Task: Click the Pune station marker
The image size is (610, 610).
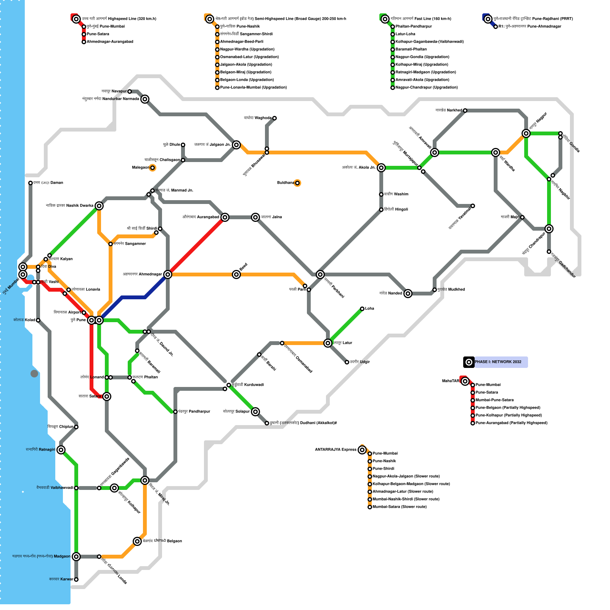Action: point(91,320)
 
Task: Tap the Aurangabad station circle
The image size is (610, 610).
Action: point(225,217)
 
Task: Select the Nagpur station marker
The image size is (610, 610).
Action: point(526,133)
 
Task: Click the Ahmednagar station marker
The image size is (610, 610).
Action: point(168,274)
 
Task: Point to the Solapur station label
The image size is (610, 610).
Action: point(236,412)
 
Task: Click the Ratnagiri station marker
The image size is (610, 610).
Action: point(61,450)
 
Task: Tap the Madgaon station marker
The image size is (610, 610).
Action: point(76,557)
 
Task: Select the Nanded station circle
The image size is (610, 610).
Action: point(408,294)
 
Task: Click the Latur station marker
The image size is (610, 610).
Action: point(328,343)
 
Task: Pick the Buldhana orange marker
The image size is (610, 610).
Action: point(297,183)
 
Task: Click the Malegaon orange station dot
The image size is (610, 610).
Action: point(152,168)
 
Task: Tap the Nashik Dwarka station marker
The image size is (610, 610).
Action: point(99,206)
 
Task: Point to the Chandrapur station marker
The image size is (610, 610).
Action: point(549,229)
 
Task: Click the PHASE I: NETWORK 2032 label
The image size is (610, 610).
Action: point(498,362)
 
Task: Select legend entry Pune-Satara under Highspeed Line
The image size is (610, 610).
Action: point(98,34)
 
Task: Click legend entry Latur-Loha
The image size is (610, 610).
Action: point(405,34)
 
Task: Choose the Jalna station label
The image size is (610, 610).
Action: point(271,217)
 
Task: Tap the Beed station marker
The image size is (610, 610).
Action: point(236,274)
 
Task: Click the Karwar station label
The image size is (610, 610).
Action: point(61,579)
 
